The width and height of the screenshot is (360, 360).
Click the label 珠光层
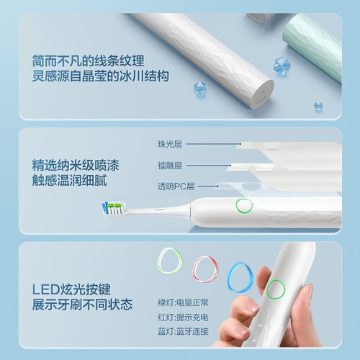pyautogui.click(x=170, y=144)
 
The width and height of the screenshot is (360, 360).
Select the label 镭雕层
pyautogui.click(x=170, y=166)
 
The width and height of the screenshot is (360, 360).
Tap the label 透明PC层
pyautogui.click(x=176, y=186)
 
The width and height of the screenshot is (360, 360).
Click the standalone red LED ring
pyautogui.click(x=205, y=269)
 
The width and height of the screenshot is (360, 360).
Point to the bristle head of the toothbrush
pyautogui.click(x=114, y=207)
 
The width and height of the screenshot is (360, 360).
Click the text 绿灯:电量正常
pyautogui.click(x=183, y=302)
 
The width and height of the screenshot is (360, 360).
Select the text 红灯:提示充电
pyautogui.click(x=183, y=318)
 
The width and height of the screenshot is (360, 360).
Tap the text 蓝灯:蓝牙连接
pyautogui.click(x=183, y=331)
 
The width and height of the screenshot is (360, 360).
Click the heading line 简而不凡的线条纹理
pyautogui.click(x=89, y=60)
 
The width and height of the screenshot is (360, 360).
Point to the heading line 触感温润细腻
pyautogui.click(x=70, y=180)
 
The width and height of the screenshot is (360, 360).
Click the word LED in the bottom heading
pyautogui.click(x=45, y=289)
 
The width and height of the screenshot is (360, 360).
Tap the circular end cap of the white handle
pyautogui.click(x=262, y=94)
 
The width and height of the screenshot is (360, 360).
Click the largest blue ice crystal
pyautogui.click(x=282, y=66)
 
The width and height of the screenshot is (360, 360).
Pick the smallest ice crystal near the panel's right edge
pyautogui.click(x=318, y=107)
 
